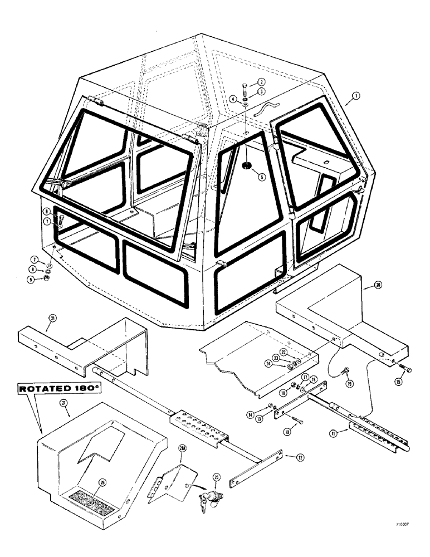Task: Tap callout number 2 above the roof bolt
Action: pos(261,82)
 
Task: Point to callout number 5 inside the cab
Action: pos(261,177)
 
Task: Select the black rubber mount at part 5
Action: pos(246,166)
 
